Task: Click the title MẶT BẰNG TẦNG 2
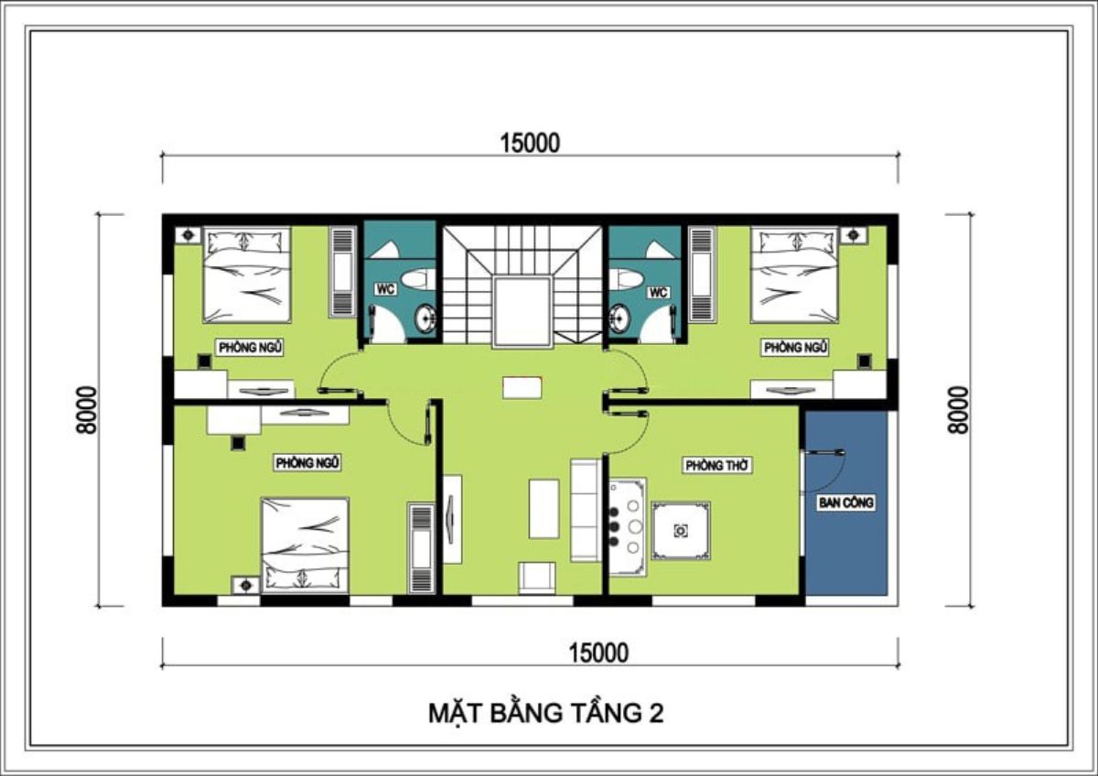coord(545,713)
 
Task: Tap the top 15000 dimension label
coord(529,143)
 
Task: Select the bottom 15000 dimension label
coord(598,652)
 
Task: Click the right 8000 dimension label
coord(958,410)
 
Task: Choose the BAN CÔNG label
coord(846,502)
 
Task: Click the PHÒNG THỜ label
coord(718,466)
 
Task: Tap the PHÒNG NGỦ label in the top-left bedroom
coord(250,347)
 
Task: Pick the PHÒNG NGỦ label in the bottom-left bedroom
coord(308,463)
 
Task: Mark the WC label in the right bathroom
coord(657,293)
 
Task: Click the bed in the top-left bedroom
coord(246,275)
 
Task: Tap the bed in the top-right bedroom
coord(794,275)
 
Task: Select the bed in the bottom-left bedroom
coord(306,544)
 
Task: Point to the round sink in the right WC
coord(619,318)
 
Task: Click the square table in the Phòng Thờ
coord(681,530)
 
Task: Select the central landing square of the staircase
coord(522,312)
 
